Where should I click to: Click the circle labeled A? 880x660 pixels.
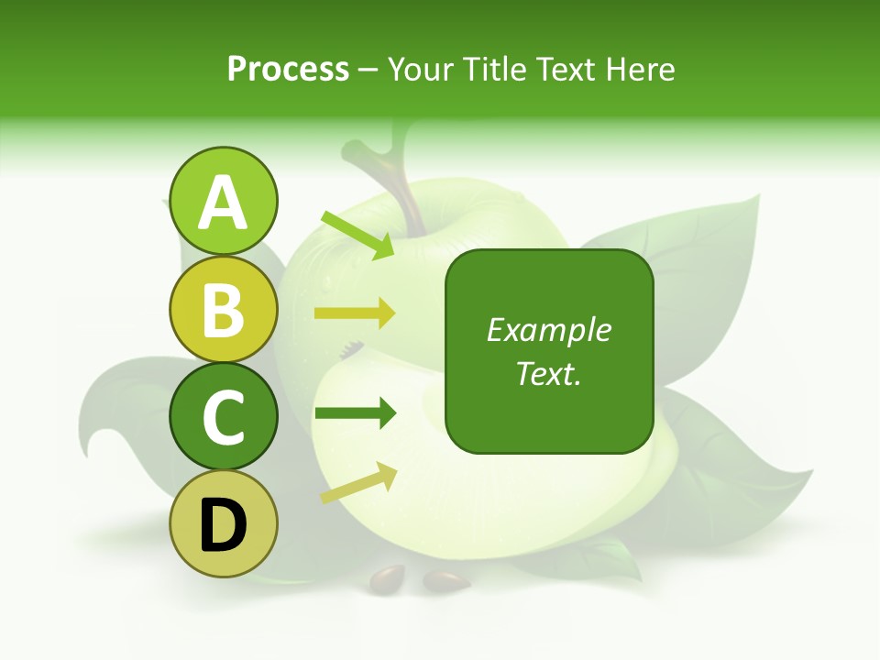tap(223, 201)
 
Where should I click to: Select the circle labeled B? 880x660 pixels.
tap(223, 310)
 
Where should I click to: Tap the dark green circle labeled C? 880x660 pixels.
tap(223, 416)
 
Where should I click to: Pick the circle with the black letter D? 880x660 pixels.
tap(223, 524)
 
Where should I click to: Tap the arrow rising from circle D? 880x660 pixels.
tap(358, 483)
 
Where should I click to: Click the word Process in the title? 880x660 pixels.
tap(288, 69)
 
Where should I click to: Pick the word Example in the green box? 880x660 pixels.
tap(548, 330)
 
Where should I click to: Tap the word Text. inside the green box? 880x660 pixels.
tap(548, 373)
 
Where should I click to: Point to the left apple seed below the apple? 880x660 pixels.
tap(387, 577)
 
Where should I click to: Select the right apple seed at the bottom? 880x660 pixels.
tap(445, 580)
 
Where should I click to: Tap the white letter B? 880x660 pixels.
tap(223, 310)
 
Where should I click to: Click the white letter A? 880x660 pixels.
tap(223, 203)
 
